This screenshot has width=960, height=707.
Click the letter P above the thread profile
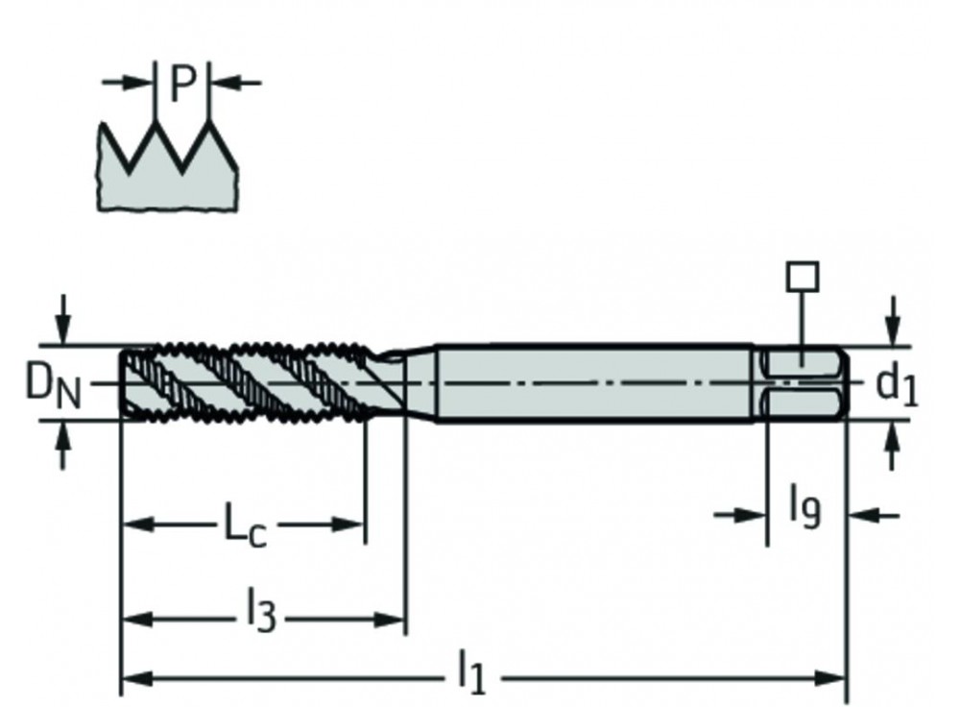(x=182, y=85)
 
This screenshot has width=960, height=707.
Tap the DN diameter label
(x=54, y=386)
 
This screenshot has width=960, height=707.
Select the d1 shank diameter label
(x=897, y=386)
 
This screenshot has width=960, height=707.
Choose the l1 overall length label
(x=472, y=671)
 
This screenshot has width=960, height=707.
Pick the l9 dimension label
(x=804, y=506)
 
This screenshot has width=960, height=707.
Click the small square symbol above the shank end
(x=802, y=278)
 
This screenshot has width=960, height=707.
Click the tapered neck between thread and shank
(x=408, y=382)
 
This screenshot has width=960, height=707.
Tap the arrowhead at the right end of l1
(x=833, y=678)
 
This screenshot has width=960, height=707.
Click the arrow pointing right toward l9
(x=754, y=516)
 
